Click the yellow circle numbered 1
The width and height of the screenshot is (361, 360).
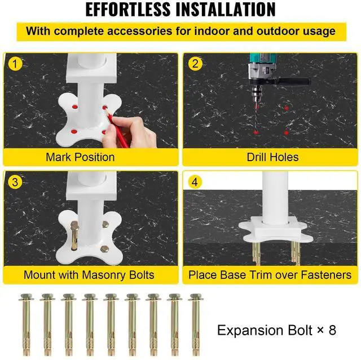pos(15,64)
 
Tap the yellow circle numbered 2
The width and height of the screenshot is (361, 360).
pos(195,64)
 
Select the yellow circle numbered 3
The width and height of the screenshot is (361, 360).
pos(15,182)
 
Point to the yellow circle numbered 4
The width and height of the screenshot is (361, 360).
pos(195,182)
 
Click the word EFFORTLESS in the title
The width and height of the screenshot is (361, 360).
pos(128,10)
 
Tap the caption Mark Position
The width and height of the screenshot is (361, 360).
pos(80,157)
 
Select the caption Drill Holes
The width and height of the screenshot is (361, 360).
pos(272,157)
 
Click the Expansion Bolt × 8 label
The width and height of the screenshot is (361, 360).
pos(276,330)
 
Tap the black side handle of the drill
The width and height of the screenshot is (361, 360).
pos(294,81)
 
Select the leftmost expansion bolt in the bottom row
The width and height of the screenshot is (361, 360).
pos(26,325)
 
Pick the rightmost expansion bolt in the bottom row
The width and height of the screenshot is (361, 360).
pos(196,325)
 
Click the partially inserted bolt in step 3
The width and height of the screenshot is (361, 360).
pos(74,235)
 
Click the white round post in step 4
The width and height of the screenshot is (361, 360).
pos(275,198)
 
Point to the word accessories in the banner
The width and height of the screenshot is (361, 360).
pos(139,31)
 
